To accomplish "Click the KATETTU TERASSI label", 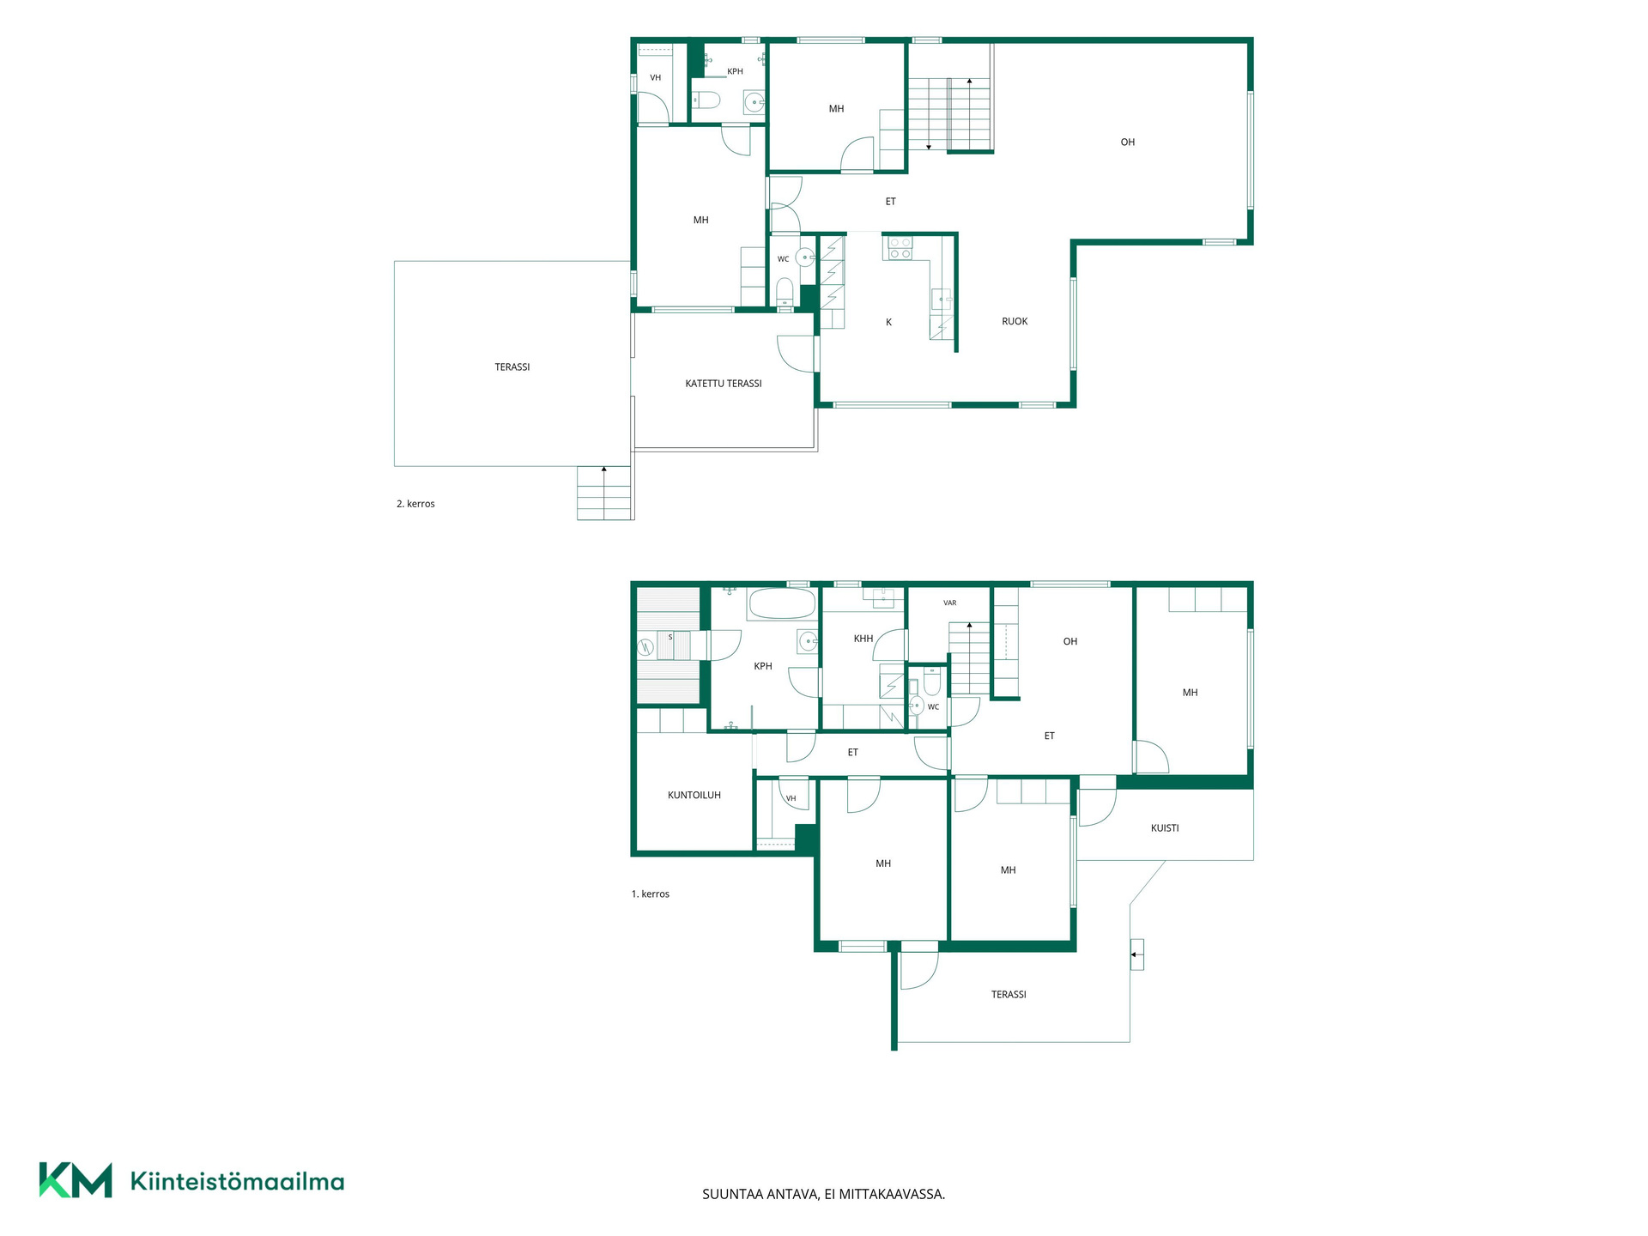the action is (x=724, y=384).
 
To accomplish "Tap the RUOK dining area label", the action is (x=1015, y=322).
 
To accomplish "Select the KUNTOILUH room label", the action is (x=694, y=796).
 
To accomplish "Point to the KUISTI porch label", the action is (x=1165, y=828).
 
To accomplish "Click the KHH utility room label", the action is (x=863, y=639).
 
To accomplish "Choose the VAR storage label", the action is (x=950, y=603).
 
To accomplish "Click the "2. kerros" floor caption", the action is (x=415, y=504).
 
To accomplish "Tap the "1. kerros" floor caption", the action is (x=651, y=894).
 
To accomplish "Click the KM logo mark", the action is (x=76, y=1180).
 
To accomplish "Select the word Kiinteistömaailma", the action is (x=238, y=1182).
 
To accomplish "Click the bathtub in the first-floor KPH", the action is (x=782, y=603).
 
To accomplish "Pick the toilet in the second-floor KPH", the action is (x=706, y=100).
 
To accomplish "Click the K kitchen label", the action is (x=889, y=323).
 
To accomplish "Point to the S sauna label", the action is (x=670, y=637).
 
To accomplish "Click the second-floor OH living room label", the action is (x=1128, y=142).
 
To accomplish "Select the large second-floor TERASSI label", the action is (x=512, y=367).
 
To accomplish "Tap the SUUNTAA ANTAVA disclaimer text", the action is (x=824, y=1194).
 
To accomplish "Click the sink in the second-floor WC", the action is (x=805, y=257).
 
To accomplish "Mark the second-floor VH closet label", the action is (x=656, y=78).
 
